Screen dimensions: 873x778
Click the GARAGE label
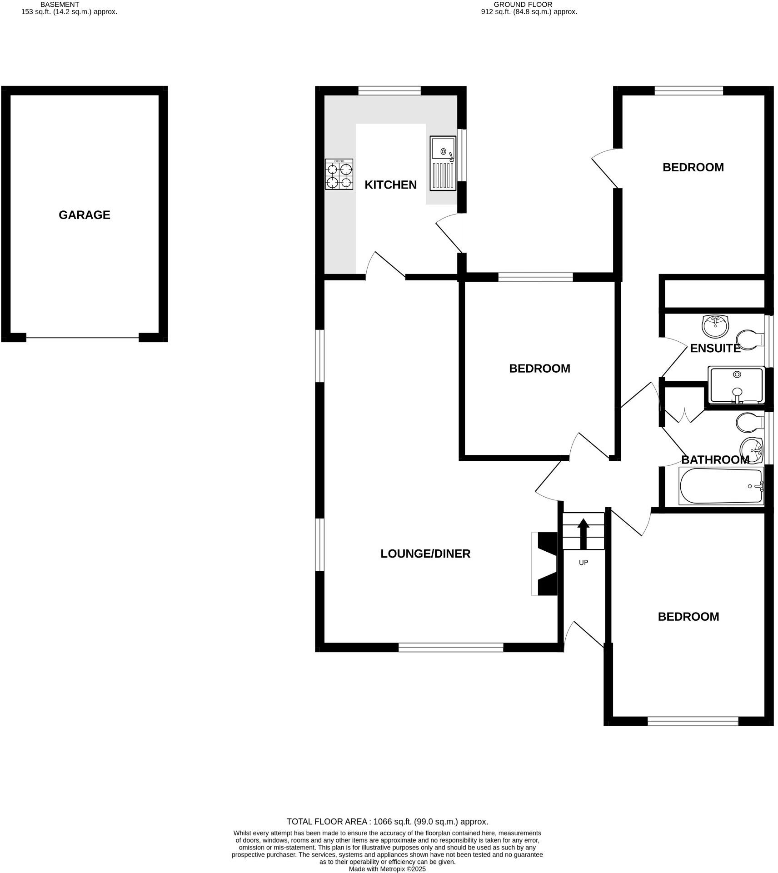84,215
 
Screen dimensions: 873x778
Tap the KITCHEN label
390,185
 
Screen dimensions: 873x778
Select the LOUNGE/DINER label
425,554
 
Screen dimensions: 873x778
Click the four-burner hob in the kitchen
339,174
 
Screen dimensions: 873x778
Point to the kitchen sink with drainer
443,163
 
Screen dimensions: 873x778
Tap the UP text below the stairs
583,563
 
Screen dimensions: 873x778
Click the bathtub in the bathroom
721,486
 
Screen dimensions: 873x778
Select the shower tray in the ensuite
736,385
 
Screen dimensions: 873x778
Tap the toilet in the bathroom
749,422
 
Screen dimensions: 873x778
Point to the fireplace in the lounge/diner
546,564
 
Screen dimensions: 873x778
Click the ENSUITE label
715,348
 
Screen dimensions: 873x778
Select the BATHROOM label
715,459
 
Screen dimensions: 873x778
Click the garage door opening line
82,337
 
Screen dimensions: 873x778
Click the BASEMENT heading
60,5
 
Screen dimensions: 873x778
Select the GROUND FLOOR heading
529,5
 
